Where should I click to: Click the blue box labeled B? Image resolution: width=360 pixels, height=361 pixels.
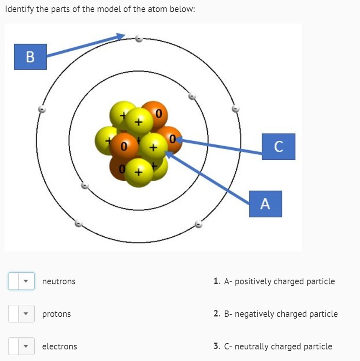pos(30,56)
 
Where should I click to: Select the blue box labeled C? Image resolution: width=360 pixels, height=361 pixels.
pos(278,146)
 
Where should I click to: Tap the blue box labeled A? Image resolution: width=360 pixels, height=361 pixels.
pos(265,204)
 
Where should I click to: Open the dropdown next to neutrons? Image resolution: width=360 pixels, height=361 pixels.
pos(21,281)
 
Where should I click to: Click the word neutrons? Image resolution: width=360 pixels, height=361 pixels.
pos(59,281)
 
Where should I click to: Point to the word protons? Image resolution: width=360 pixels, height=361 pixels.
pos(57,314)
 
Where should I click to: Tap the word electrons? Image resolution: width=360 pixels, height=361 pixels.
pos(60,346)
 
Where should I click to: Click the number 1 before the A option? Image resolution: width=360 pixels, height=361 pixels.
pos(217,281)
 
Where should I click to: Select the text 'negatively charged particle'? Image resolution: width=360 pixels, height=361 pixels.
pos(286,314)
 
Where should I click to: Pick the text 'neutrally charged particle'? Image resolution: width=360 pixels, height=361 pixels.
pos(283,346)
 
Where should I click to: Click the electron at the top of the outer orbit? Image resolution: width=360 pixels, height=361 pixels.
pos(138,39)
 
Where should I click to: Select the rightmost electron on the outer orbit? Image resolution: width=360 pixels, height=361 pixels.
pos(235,109)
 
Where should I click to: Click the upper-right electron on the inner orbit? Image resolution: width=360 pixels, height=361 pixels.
pos(192,96)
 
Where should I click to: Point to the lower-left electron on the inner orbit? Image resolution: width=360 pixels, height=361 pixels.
pos(85,186)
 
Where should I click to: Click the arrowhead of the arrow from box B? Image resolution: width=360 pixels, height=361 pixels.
pos(122,36)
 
